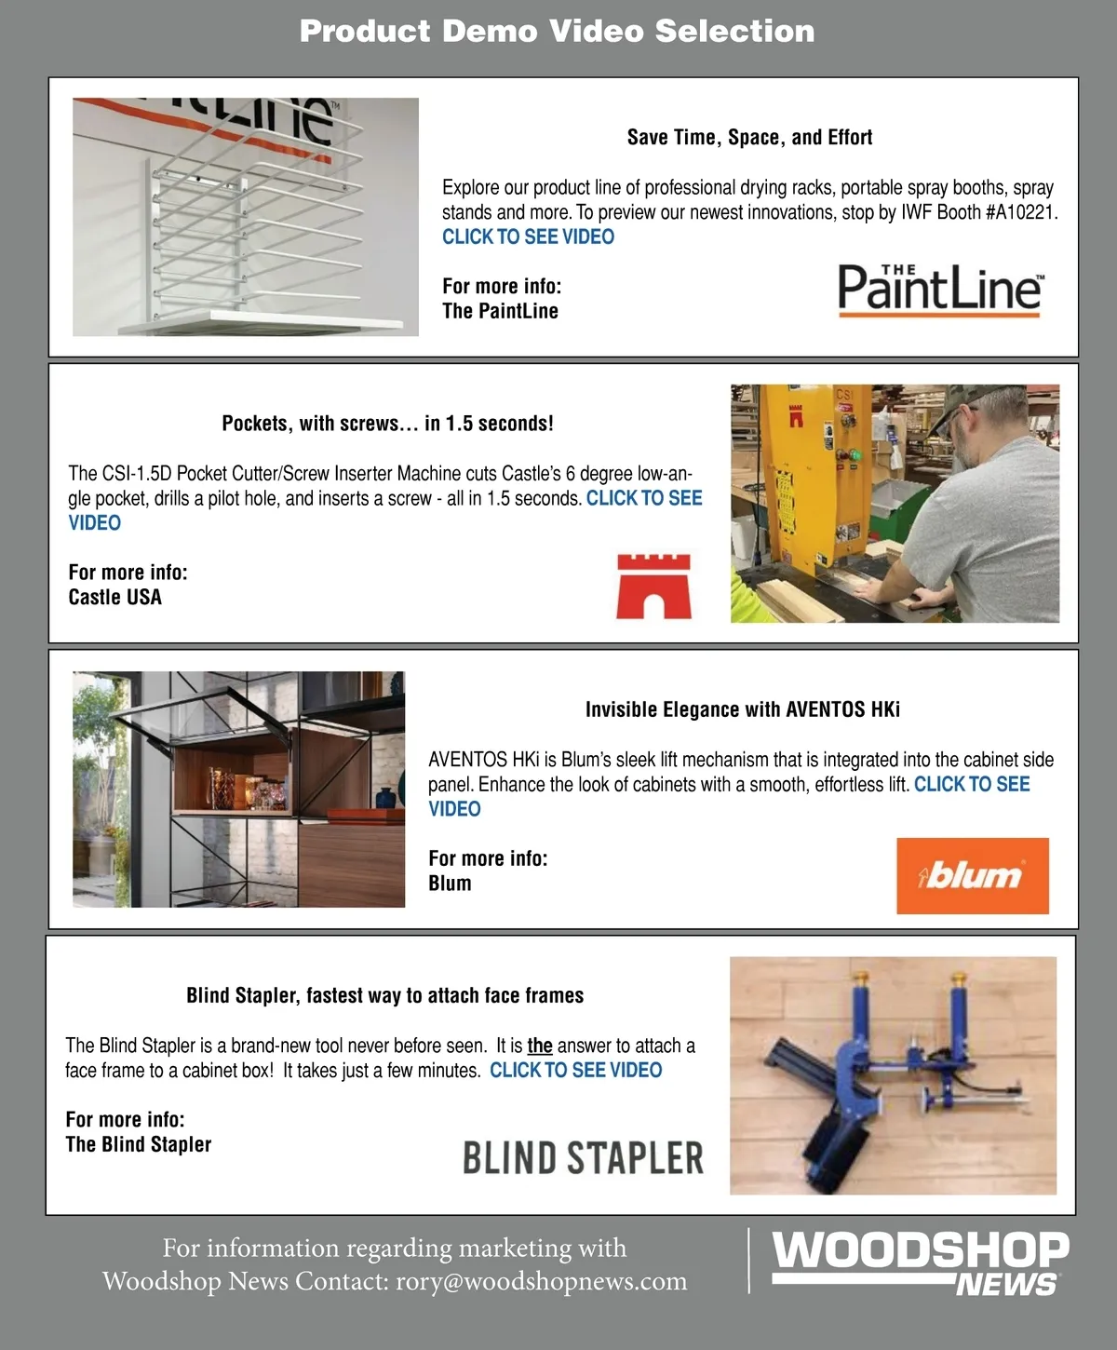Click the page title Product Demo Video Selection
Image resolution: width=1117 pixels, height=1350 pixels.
point(557,31)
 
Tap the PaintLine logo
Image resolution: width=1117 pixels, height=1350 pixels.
point(939,290)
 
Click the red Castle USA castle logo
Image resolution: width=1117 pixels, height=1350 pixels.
point(653,586)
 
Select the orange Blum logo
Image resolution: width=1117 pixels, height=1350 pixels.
point(972,875)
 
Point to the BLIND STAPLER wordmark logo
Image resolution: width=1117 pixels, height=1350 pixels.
point(583,1158)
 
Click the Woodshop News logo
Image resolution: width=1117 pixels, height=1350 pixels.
point(920,1262)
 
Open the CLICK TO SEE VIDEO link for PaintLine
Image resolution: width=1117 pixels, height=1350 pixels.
point(528,236)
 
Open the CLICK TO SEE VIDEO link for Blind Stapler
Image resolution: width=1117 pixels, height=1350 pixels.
point(575,1070)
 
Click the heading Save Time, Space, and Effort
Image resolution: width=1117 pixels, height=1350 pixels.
point(749,138)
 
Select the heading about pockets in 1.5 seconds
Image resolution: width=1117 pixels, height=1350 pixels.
point(387,424)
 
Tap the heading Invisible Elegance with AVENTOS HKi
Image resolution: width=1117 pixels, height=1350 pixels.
point(742,709)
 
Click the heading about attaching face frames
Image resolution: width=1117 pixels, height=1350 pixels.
point(384,995)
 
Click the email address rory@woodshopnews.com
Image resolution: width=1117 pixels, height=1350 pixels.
point(541,1281)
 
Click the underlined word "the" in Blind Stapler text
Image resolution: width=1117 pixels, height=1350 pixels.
point(540,1046)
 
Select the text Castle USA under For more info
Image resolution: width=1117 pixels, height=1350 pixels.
point(114,597)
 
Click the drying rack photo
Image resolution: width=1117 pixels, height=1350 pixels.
point(246,217)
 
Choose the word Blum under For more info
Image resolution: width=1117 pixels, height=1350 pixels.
point(450,883)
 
